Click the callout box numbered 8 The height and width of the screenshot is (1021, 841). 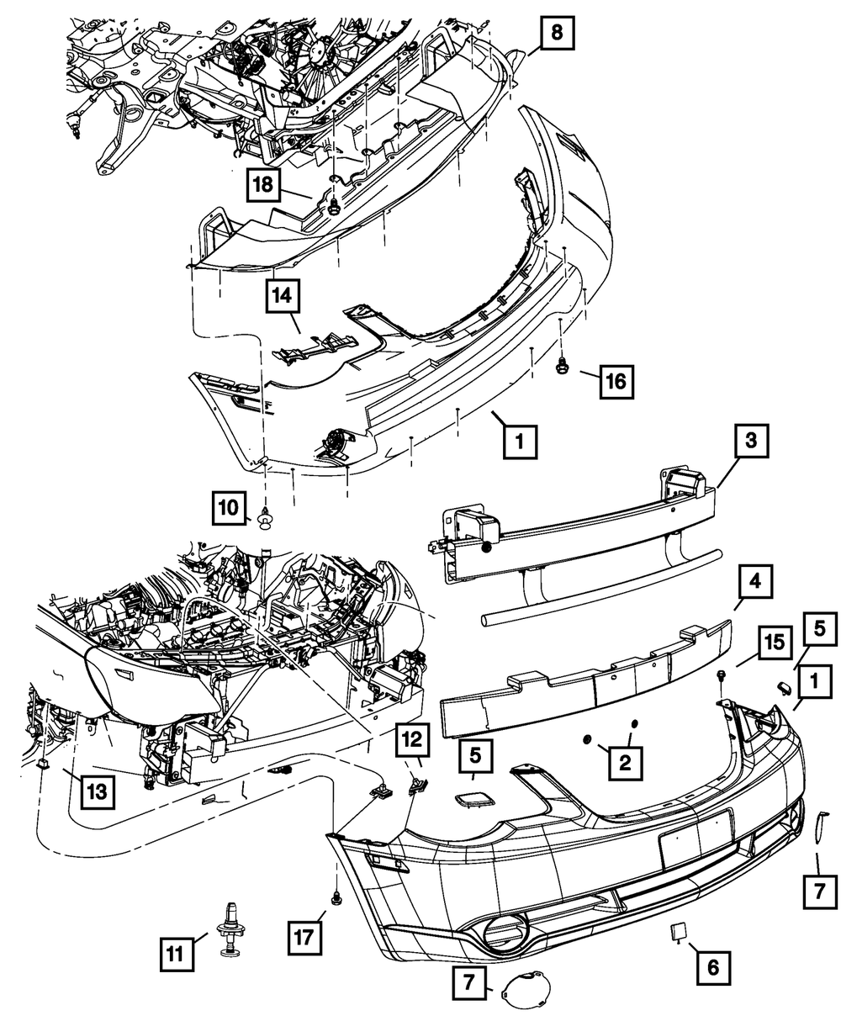pos(557,34)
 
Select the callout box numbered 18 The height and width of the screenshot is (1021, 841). pos(264,186)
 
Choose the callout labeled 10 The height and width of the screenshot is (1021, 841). pos(229,508)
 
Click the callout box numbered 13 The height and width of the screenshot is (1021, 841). pos(98,791)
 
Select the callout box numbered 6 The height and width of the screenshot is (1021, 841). pos(713,967)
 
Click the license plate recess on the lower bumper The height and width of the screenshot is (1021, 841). pos(695,838)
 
